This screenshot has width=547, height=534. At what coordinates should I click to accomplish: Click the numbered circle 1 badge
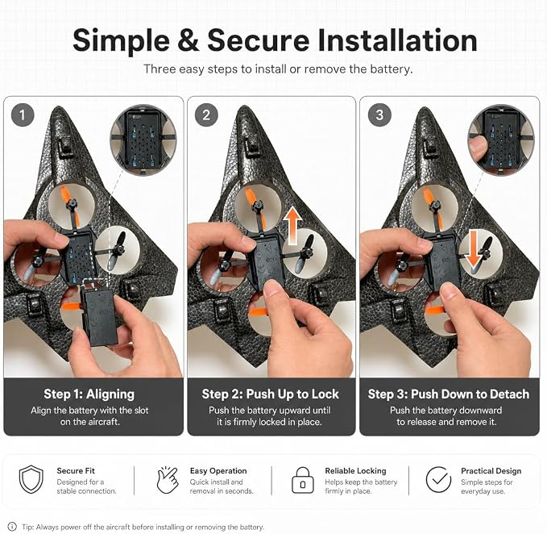point(23,115)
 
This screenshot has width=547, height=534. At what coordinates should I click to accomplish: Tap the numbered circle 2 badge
point(206,115)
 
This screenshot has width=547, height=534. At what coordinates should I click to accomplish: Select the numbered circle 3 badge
point(379,115)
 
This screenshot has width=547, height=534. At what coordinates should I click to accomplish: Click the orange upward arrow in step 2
point(292,225)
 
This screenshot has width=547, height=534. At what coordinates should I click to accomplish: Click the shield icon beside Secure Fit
point(31,479)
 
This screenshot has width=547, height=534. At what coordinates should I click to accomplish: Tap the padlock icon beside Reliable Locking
point(302,480)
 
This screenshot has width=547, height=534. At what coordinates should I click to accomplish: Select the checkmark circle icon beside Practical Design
point(438,479)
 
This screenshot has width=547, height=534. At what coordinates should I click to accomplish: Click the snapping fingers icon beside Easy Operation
point(167,479)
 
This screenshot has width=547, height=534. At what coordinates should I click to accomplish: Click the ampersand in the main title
point(189,40)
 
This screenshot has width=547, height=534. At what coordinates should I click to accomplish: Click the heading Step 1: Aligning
point(89,394)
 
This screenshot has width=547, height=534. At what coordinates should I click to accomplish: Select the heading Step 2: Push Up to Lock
point(271,394)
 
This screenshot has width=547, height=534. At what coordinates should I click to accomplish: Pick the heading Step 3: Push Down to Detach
point(448,394)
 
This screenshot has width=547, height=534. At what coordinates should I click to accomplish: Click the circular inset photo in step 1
point(143,140)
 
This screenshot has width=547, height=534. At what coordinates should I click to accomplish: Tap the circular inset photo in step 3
point(501,140)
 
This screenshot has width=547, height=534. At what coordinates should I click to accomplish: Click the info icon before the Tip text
point(12,526)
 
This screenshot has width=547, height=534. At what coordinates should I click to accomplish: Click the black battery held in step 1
point(99,315)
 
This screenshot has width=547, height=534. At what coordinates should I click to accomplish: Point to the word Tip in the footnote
point(28,527)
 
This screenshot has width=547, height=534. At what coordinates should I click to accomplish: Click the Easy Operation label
point(218,471)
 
